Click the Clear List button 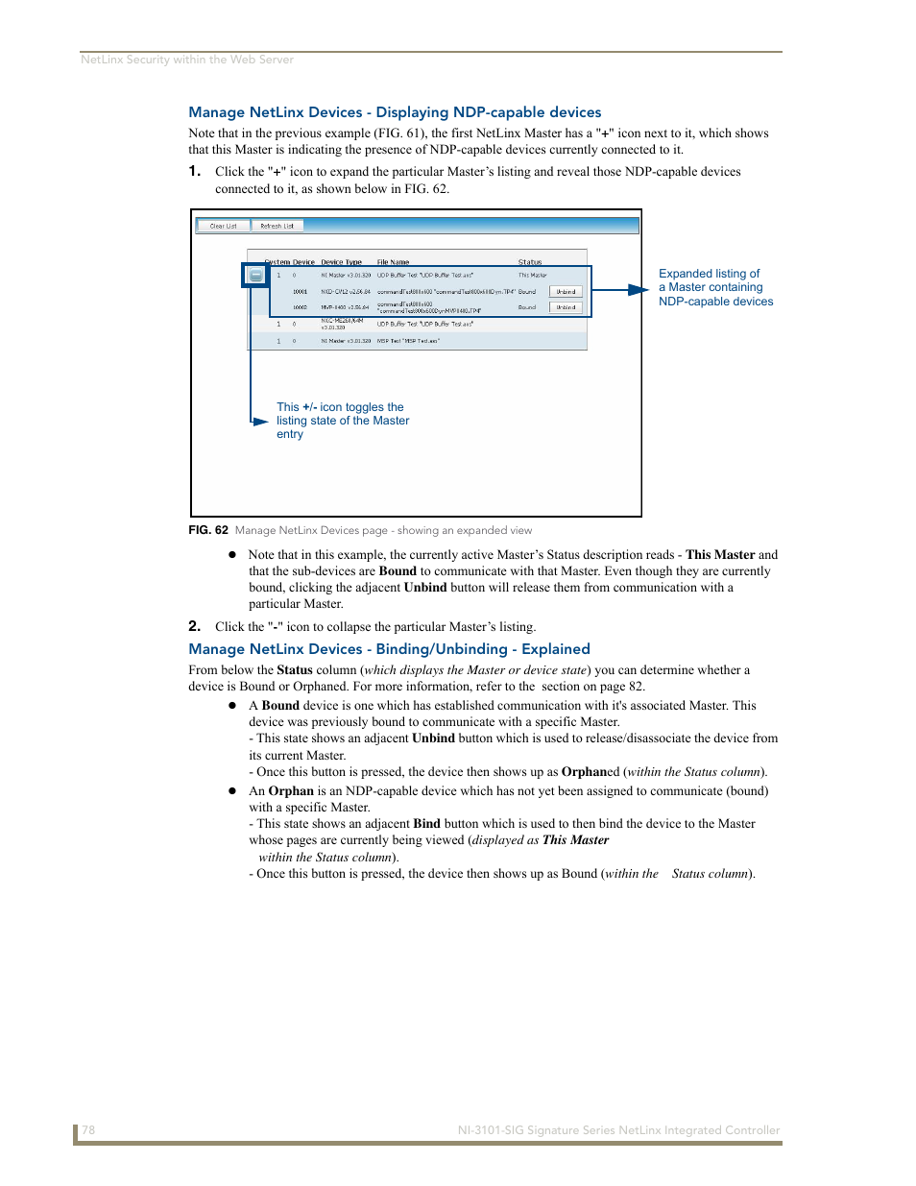tap(224, 226)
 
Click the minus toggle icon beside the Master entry tap(255, 276)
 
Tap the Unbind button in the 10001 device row tap(566, 291)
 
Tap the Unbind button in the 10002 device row tap(566, 307)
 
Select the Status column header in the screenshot tap(530, 261)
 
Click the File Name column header tap(393, 261)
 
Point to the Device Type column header tap(341, 261)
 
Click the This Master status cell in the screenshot tap(532, 275)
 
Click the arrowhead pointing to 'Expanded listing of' tap(639, 289)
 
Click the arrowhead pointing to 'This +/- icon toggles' tap(260, 421)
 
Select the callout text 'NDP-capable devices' tap(715, 302)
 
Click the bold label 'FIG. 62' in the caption tap(208, 530)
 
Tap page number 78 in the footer tap(88, 1130)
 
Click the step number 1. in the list tap(194, 171)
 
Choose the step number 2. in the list tap(194, 626)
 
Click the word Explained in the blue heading tap(555, 649)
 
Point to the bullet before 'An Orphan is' tap(232, 791)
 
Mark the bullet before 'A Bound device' tap(232, 706)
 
